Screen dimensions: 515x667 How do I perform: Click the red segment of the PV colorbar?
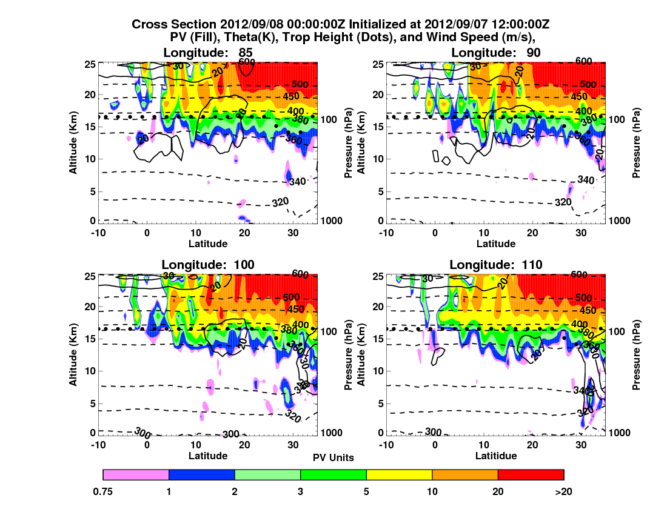coord(531,474)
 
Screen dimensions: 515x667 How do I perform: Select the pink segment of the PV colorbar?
coord(136,474)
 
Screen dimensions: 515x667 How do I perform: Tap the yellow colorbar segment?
coord(399,474)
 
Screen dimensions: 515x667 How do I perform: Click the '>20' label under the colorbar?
coord(563,492)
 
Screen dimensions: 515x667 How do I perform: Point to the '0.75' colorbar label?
coord(104,492)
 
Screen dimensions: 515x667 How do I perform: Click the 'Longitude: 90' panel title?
coord(495,53)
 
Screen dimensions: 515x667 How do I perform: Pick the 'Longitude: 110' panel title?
coord(495,264)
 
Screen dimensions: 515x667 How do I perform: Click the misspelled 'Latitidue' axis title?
coord(495,456)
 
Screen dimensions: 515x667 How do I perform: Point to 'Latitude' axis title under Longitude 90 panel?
coord(495,244)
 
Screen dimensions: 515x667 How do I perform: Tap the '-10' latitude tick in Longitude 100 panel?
coord(97,443)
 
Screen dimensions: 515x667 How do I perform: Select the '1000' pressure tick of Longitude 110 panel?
coord(620,433)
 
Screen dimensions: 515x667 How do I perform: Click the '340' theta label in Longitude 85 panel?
coord(298,181)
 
